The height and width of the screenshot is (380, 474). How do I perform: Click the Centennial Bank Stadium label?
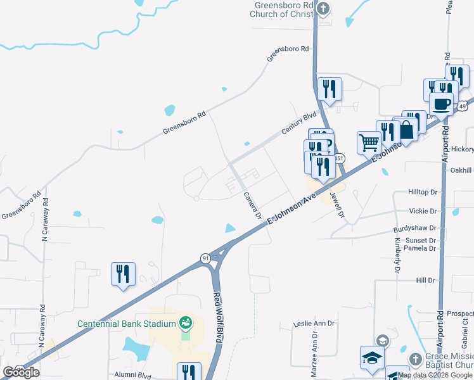tap(126, 324)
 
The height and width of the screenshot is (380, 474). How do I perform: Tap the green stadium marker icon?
tap(185, 324)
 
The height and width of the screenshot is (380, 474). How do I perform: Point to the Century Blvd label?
tap(300, 120)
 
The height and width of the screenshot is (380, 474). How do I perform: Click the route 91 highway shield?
tap(205, 258)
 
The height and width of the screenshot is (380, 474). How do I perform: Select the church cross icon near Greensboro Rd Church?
tap(323, 9)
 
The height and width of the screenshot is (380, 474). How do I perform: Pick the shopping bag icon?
tap(406, 129)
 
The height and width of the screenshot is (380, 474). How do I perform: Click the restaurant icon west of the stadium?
tap(122, 274)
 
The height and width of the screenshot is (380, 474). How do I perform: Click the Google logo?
tap(21, 372)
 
